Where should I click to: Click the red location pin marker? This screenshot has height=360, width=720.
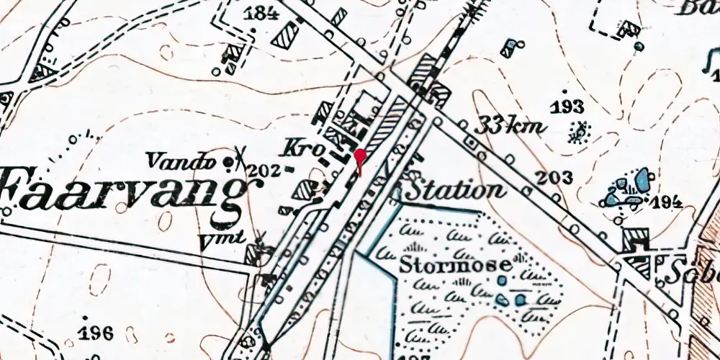[x=360, y=158]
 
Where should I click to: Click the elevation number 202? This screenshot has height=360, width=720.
[x=265, y=171]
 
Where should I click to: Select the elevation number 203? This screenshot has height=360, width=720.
[x=554, y=178]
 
